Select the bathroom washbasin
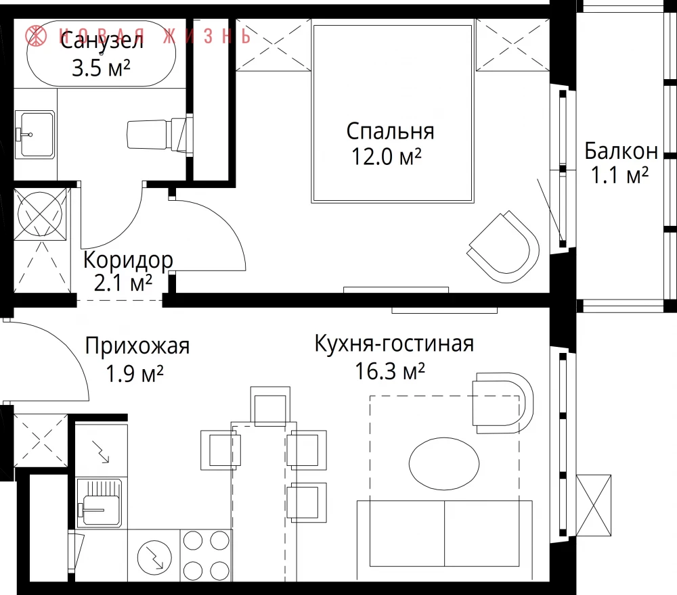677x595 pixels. coord(35,134)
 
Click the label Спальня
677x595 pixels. coord(390,132)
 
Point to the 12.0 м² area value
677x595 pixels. coord(387,156)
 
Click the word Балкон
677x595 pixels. coord(621,151)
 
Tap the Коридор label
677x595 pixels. coord(128,260)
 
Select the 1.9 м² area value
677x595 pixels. coord(134,373)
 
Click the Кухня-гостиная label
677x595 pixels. coord(394,343)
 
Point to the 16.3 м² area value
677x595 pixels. coord(389,371)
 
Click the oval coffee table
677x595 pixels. coord(444,464)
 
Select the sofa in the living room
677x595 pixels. coord(445,540)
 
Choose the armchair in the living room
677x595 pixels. coord(503,403)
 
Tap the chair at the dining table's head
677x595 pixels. coord(270,406)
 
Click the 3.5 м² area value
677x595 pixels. coord(101,68)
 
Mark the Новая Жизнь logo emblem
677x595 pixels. coord(36,35)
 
